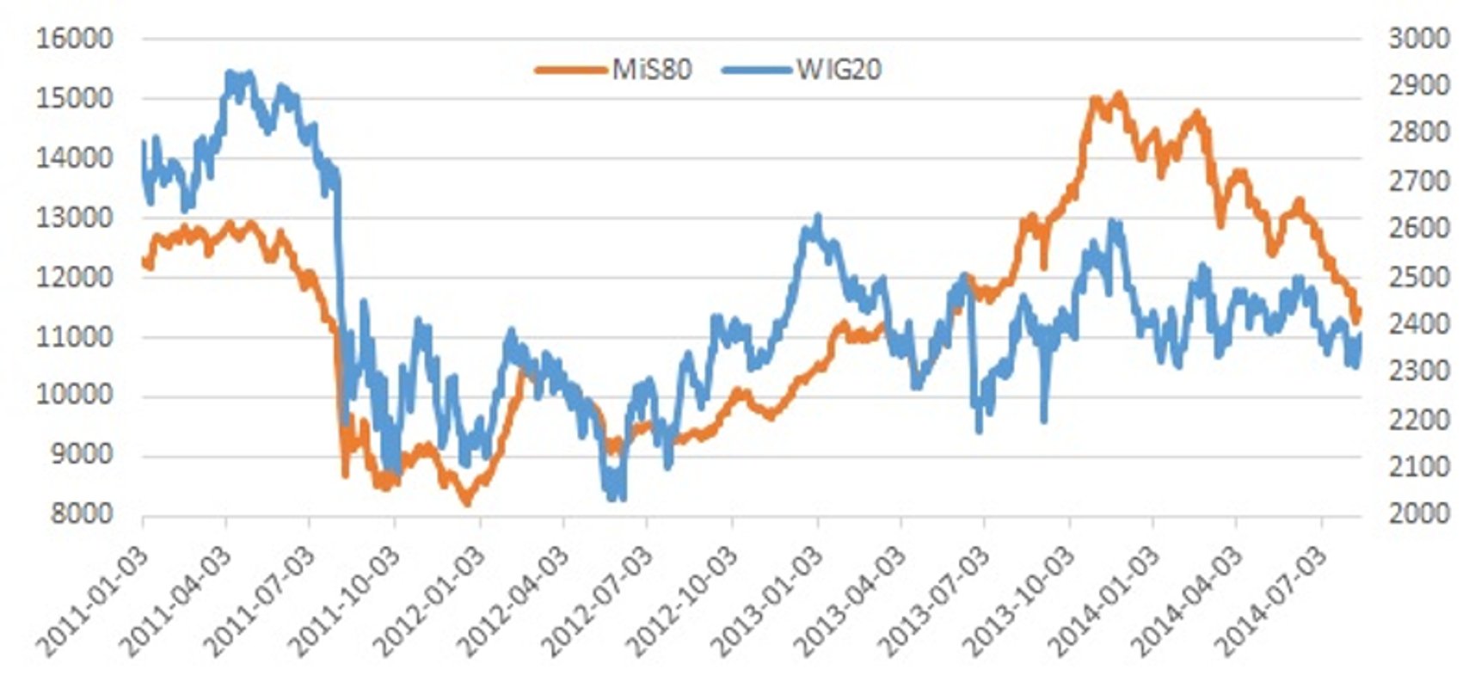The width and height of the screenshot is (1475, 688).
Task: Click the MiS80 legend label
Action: pos(651,69)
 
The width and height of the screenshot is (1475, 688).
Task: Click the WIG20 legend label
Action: pos(839,69)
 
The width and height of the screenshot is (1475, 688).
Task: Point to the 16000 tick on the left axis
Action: pos(74,39)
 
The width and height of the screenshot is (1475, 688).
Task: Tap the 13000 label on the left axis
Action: pos(74,218)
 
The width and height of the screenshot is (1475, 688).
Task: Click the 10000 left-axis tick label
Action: pos(74,396)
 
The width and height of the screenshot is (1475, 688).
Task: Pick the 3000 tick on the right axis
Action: pos(1418,39)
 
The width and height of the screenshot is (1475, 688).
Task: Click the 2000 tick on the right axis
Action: pos(1418,513)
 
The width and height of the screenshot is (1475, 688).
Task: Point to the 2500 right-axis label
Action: pos(1418,277)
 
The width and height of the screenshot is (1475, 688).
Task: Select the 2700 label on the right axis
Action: pos(1418,181)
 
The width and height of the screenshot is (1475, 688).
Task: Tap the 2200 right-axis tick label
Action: pos(1418,420)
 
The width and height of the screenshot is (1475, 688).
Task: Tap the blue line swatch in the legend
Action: pos(756,69)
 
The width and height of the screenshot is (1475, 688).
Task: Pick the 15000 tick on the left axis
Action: pos(74,98)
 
